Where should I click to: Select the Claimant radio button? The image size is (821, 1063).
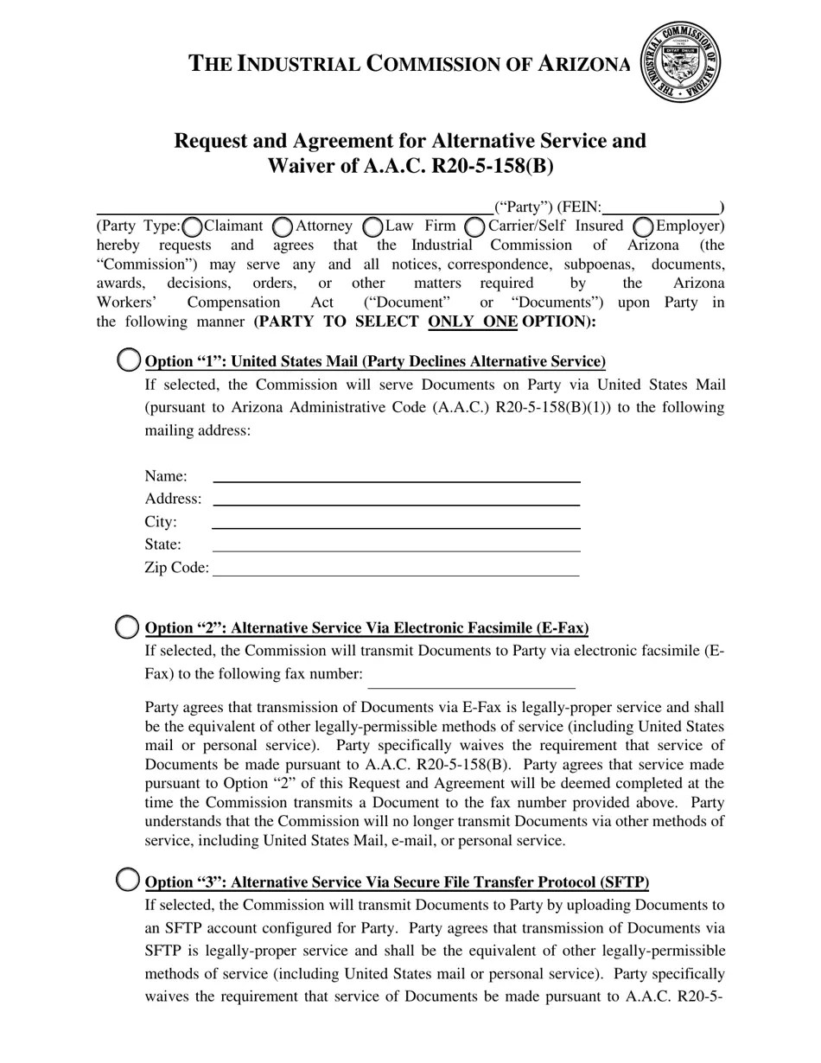pyautogui.click(x=193, y=226)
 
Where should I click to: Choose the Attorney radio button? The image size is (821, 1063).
pyautogui.click(x=283, y=226)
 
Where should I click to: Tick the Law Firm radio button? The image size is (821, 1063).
pyautogui.click(x=373, y=226)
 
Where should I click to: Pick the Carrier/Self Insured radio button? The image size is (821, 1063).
pyautogui.click(x=474, y=226)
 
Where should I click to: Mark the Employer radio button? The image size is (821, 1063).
pyautogui.click(x=643, y=226)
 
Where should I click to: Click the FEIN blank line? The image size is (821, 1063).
pyautogui.click(x=661, y=208)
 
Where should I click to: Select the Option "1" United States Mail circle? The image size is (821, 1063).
pyautogui.click(x=128, y=360)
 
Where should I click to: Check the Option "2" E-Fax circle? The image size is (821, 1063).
pyautogui.click(x=127, y=627)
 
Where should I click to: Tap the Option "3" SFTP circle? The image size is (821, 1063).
pyautogui.click(x=127, y=881)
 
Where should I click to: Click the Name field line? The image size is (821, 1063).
pyautogui.click(x=396, y=477)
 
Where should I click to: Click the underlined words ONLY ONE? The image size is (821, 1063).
pyautogui.click(x=473, y=321)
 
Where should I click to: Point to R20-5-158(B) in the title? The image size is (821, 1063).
pyautogui.click(x=492, y=166)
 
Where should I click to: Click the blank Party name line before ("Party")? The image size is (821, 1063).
pyautogui.click(x=294, y=208)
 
